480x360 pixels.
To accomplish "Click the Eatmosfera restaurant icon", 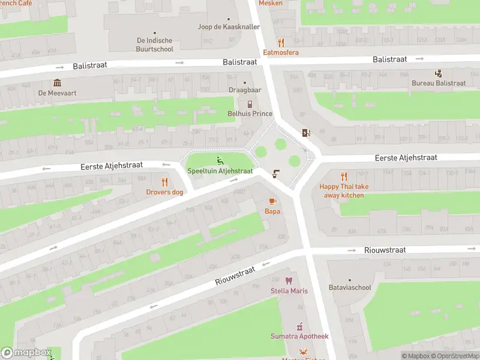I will (x=281, y=43).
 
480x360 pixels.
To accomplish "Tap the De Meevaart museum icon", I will (x=57, y=83).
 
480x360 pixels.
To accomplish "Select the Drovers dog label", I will (x=164, y=192).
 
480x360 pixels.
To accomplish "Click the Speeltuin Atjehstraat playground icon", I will (x=220, y=160).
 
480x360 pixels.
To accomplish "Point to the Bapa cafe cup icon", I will (x=272, y=201).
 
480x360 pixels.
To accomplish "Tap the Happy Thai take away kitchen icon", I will (x=344, y=176).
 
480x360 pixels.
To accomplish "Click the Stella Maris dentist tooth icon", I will (x=289, y=281).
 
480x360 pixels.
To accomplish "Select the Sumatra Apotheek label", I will (x=299, y=337).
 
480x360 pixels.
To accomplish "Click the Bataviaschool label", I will (x=350, y=287).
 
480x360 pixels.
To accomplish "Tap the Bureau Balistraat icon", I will (x=439, y=73).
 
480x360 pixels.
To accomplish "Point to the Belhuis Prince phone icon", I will (x=250, y=104).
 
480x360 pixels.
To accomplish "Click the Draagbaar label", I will (x=245, y=90).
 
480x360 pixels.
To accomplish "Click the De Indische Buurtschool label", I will (x=155, y=45).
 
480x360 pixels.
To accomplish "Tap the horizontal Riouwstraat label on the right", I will (x=385, y=250).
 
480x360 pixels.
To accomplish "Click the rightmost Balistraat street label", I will (x=389, y=59).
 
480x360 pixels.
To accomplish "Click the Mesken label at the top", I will (x=270, y=3).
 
